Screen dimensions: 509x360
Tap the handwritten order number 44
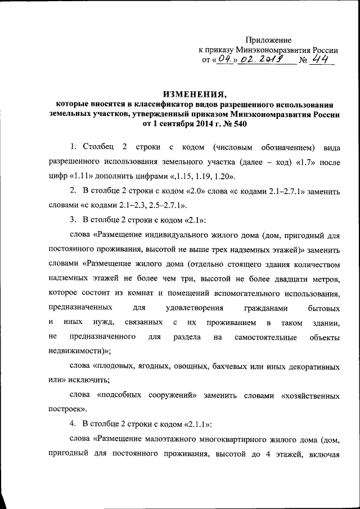(322, 60)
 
